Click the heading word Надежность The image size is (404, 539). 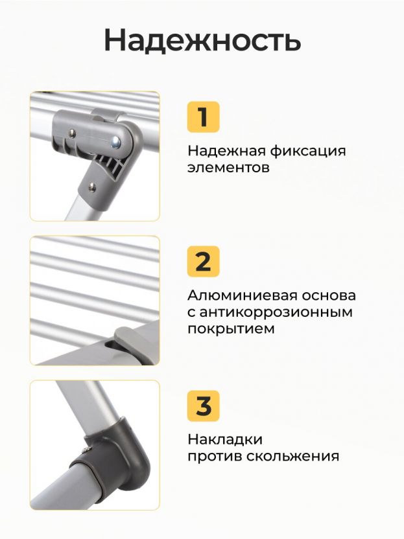pos(202,41)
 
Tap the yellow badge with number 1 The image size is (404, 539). pos(203,117)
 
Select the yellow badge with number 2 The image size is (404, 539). pos(203,261)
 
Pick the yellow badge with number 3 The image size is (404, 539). pos(203,406)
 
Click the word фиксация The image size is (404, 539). pos(307,152)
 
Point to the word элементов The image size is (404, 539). pos(228,168)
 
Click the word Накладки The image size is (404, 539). pos(225,440)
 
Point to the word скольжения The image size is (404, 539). pos(292,457)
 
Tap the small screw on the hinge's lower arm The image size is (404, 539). pos(92,187)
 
